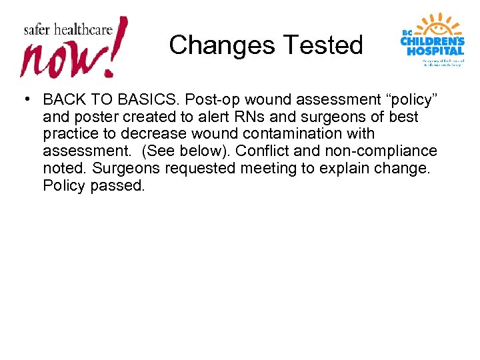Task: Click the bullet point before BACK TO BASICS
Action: coord(24,99)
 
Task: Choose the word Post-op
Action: coord(208,100)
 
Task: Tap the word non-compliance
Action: coord(379,151)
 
